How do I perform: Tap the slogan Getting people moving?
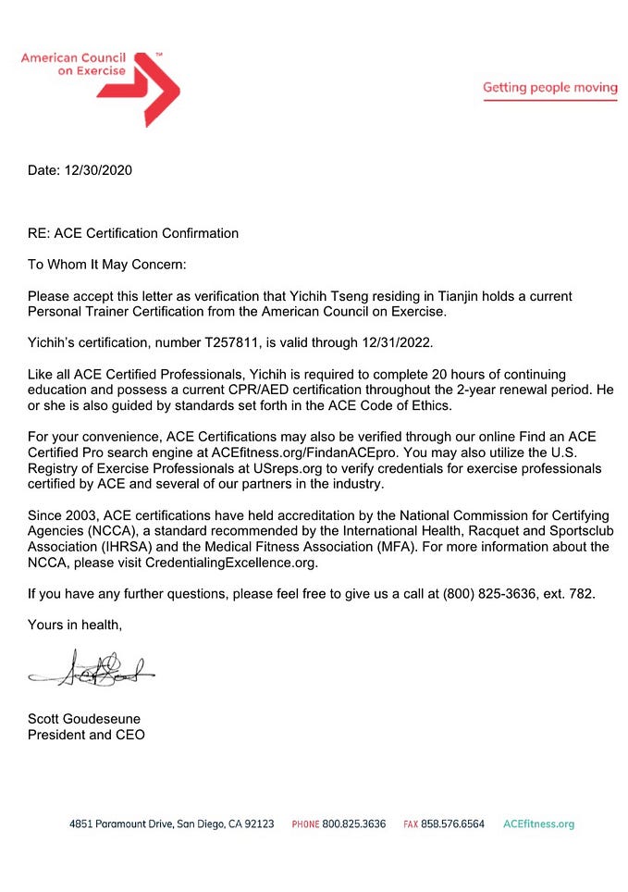point(549,88)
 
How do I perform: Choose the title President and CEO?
point(86,735)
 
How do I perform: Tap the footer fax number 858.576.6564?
point(453,824)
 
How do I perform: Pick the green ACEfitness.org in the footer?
point(538,824)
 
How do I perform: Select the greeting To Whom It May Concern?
point(107,265)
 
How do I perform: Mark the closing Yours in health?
point(75,625)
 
